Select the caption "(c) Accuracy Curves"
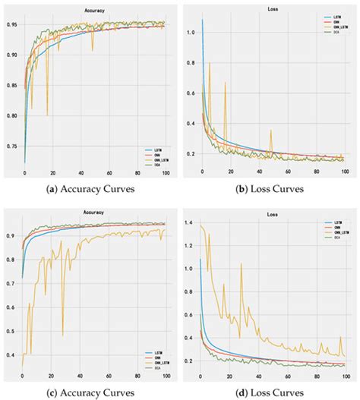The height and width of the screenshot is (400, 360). (x=89, y=393)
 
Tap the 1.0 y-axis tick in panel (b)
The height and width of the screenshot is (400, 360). (x=189, y=33)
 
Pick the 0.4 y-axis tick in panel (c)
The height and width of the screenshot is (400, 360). (x=13, y=355)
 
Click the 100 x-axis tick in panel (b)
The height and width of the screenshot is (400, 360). (x=345, y=173)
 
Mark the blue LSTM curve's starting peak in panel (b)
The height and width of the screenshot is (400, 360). (x=203, y=19)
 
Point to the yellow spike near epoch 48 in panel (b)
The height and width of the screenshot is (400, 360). (x=270, y=131)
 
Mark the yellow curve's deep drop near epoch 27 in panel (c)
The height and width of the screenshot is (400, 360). (x=62, y=335)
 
